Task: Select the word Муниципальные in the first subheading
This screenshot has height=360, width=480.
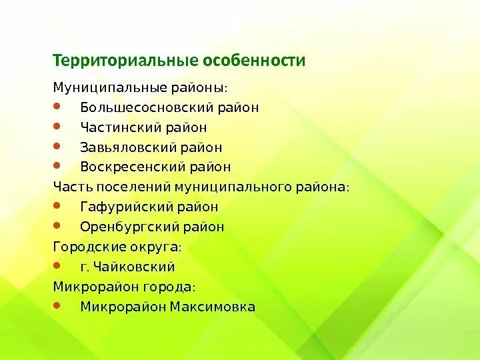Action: coord(105,87)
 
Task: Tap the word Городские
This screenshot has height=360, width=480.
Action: coord(83,247)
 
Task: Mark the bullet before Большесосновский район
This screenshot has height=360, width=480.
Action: coord(57,105)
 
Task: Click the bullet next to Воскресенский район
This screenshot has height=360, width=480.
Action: coord(57,165)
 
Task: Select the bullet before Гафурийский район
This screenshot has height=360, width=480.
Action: coord(57,205)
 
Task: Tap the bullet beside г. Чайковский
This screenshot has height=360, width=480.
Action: coord(57,265)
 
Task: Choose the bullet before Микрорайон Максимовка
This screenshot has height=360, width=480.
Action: coord(57,305)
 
